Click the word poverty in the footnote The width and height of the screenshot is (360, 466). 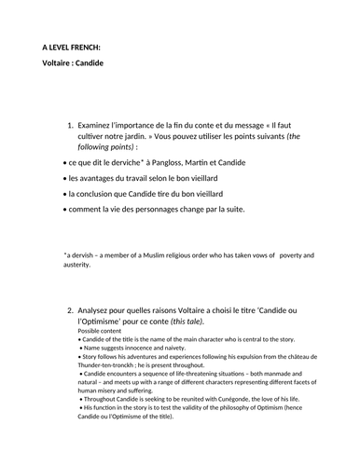tap(291, 254)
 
